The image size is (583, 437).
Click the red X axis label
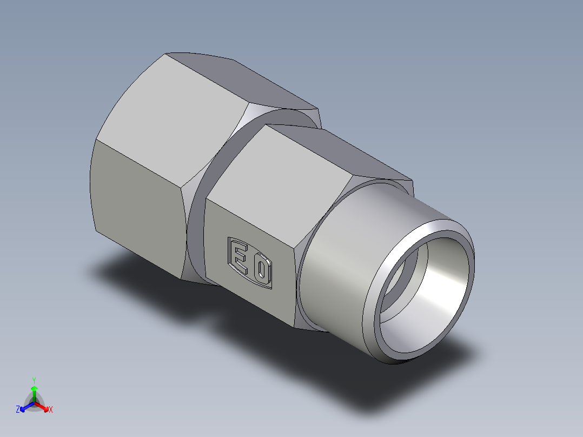click(51, 410)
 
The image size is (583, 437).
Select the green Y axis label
click(34, 380)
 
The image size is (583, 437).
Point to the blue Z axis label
click(18, 410)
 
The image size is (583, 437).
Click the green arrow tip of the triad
click(34, 389)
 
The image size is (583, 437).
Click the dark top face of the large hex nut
click(243, 81)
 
